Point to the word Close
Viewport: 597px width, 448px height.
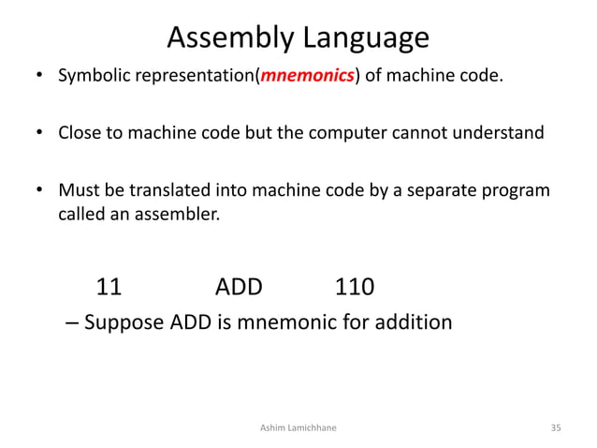80,132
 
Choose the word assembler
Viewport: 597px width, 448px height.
178,217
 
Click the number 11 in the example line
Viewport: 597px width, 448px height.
109,287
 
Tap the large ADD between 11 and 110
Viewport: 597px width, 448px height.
239,287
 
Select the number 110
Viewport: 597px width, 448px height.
355,287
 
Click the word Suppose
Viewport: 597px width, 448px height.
124,323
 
